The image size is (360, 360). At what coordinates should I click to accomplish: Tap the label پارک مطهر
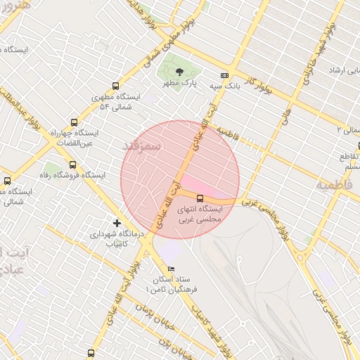click(178, 83)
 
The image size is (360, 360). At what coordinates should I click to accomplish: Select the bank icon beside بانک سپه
click(224, 75)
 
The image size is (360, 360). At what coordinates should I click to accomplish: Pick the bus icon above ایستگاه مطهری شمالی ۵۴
click(116, 86)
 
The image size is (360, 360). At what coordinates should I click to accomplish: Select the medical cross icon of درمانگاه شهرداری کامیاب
click(117, 223)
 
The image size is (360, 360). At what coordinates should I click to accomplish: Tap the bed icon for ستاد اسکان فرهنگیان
click(171, 269)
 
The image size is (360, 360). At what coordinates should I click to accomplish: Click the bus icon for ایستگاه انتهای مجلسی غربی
click(200, 198)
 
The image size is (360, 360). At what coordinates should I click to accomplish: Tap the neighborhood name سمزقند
click(142, 144)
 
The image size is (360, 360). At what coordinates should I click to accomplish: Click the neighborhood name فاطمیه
click(334, 185)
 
